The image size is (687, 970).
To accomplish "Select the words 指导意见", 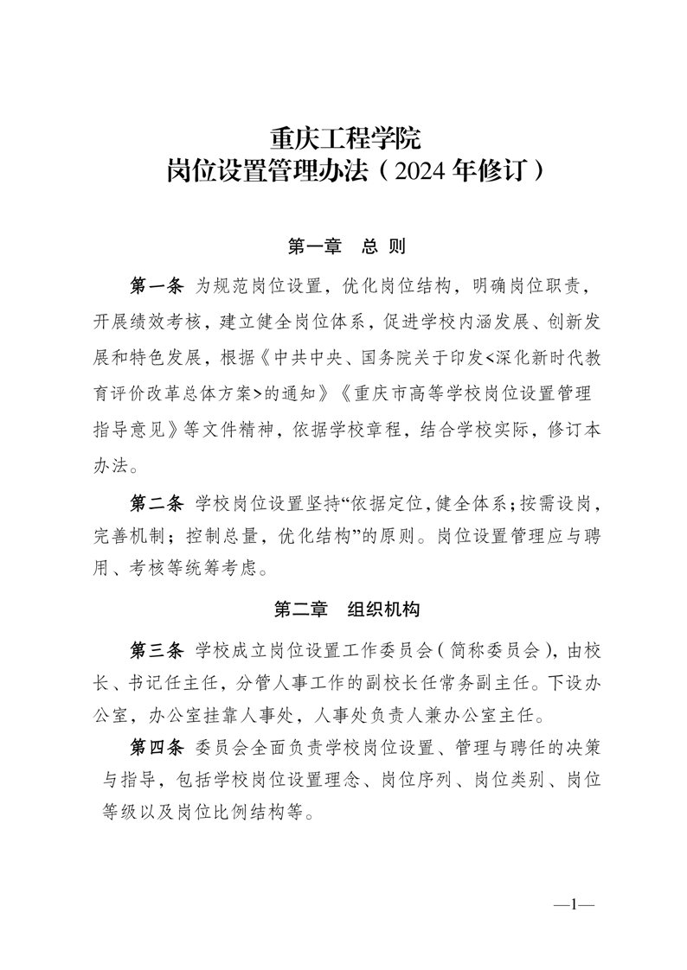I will click(130, 430).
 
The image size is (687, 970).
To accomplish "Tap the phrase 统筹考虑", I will click(215, 568).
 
